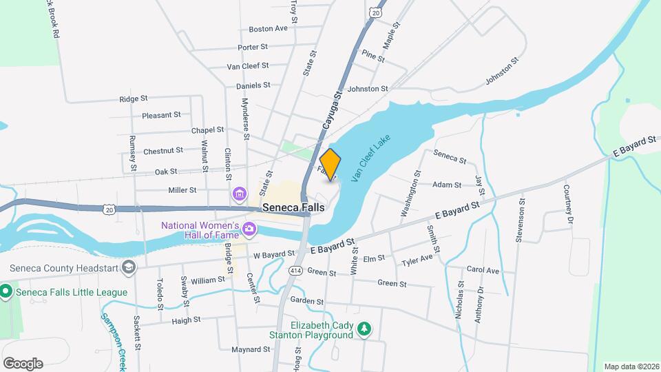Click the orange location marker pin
coord(330,164)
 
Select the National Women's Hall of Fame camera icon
coord(249,228)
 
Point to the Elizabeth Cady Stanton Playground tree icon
coord(366,331)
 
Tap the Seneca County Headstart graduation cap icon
coord(127,267)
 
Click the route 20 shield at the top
coord(375,12)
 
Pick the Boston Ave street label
coord(268,29)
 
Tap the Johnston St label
coord(368,89)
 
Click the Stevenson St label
coord(521,220)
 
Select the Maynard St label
coord(249,349)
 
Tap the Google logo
coord(22,363)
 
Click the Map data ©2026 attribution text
coord(631,366)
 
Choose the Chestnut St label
coord(163,150)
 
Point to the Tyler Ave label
coord(417,260)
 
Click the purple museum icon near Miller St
coord(239,195)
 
